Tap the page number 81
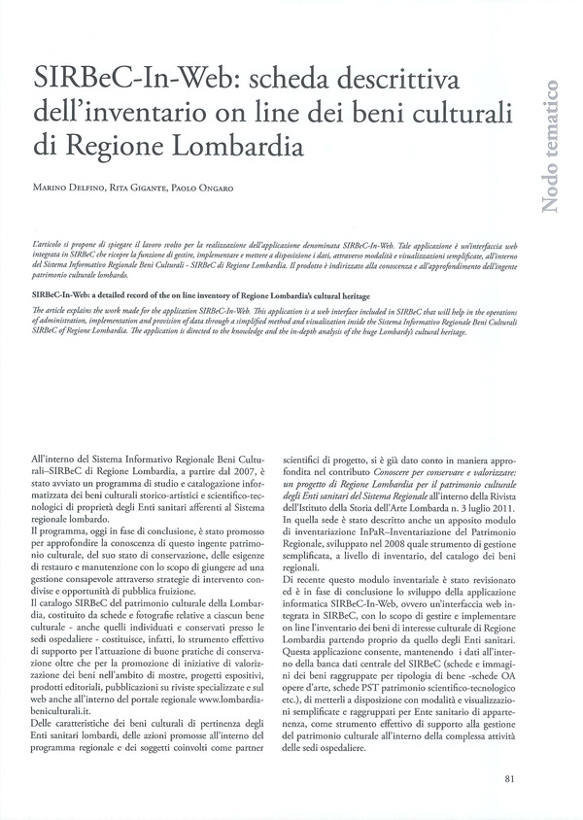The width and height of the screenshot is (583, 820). tap(510, 778)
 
